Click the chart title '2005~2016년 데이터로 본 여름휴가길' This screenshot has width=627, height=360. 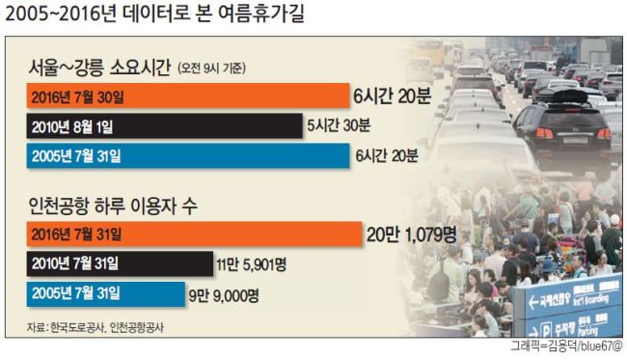(155, 14)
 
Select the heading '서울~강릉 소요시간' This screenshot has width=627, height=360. (99, 68)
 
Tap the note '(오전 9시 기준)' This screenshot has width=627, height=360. (211, 69)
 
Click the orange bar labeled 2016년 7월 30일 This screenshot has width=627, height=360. (188, 96)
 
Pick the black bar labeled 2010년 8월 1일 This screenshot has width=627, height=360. (164, 126)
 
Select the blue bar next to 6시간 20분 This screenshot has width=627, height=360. (188, 155)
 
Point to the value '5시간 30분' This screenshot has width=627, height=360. (339, 125)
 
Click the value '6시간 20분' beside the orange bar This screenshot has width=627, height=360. (392, 96)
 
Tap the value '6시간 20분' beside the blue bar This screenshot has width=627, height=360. (387, 155)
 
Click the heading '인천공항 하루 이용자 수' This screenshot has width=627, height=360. (113, 206)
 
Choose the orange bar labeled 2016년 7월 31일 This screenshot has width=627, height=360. (194, 234)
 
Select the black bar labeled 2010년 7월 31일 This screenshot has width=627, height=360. (120, 263)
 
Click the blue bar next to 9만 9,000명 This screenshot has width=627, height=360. (106, 294)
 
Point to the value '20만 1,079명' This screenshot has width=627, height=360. (412, 235)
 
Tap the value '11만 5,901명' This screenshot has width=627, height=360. (252, 264)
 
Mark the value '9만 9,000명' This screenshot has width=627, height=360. (224, 296)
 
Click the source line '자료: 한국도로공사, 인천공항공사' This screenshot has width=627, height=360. (95, 327)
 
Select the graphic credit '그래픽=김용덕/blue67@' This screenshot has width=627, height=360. (566, 346)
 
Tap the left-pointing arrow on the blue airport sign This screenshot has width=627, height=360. (532, 302)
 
